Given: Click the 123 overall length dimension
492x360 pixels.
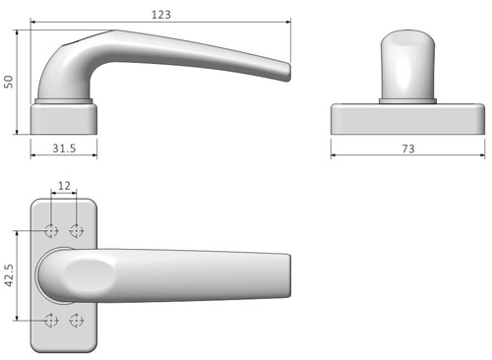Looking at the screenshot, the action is click(x=161, y=15).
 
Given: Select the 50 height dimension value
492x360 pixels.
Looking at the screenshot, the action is click(x=9, y=82).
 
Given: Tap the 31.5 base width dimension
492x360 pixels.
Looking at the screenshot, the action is click(x=64, y=149).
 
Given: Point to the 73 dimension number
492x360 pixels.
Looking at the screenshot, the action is click(x=408, y=149).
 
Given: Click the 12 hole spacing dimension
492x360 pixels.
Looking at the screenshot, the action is click(x=64, y=186).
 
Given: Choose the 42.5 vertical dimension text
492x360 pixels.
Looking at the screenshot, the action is click(x=9, y=275).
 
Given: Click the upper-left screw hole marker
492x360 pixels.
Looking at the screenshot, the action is click(x=51, y=231).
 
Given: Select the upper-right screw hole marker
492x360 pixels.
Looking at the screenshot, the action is click(x=77, y=231).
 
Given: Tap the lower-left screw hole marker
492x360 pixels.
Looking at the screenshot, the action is click(x=51, y=321).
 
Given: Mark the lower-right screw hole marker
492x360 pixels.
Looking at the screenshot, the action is click(x=77, y=321).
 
